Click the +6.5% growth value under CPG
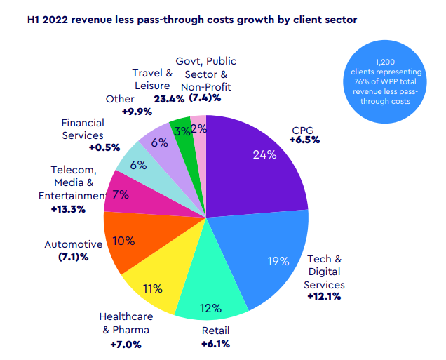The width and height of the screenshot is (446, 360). point(304,140)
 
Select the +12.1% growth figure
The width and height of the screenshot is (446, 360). point(324,297)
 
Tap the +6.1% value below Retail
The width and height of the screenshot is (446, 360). point(215,343)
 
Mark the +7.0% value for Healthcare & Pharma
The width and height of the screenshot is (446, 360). point(126,344)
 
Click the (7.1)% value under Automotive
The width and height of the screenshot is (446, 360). point(74,258)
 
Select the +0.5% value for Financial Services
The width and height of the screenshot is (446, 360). point(104,147)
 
